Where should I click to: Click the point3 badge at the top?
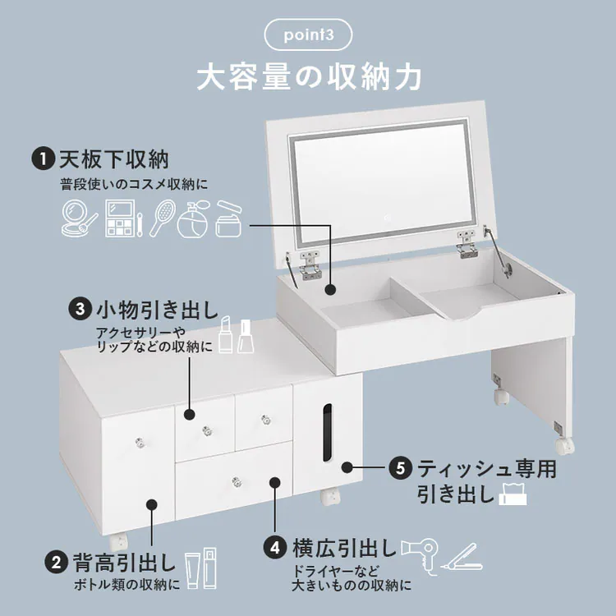point(308,35)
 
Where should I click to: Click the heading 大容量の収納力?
point(308,77)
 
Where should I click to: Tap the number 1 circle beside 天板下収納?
point(39,159)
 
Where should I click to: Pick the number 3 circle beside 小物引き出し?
point(80,310)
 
